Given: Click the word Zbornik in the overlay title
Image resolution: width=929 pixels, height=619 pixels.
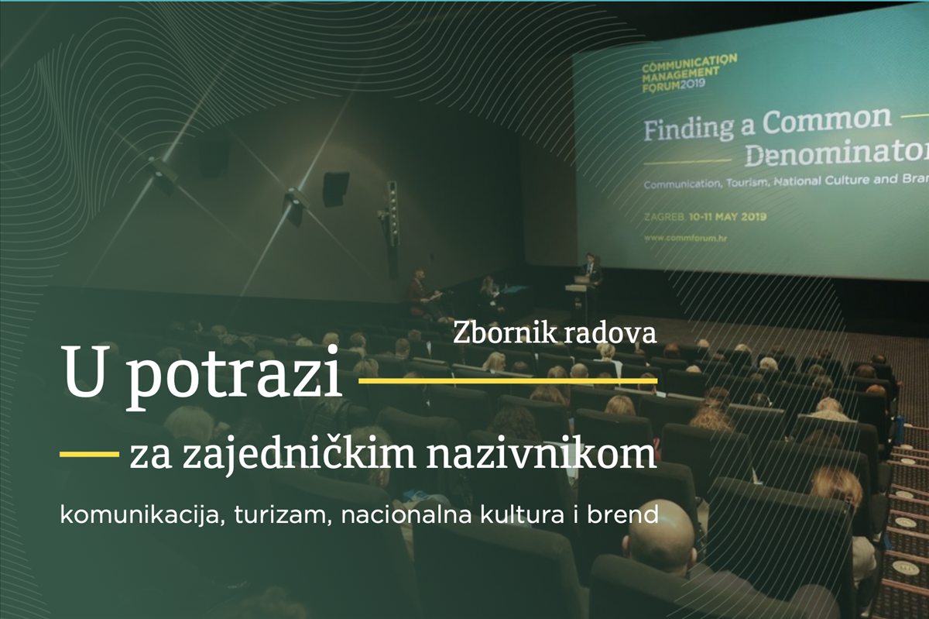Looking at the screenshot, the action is click(x=504, y=332).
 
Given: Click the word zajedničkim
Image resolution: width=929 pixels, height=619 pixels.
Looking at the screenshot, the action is click(x=299, y=456).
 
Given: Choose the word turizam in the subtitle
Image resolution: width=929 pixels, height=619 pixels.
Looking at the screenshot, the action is click(x=283, y=515).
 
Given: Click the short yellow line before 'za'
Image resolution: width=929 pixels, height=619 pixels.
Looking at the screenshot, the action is click(x=90, y=455).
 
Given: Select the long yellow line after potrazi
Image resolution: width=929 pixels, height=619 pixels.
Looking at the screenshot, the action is click(x=508, y=380).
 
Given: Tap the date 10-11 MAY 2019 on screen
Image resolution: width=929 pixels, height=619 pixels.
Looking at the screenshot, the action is click(x=727, y=217).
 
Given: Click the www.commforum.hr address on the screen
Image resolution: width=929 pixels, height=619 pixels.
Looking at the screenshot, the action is click(x=685, y=239).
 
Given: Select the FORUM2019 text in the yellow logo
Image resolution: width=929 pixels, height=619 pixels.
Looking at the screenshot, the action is click(x=673, y=85).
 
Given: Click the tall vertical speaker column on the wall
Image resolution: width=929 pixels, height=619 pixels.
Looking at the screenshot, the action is click(x=393, y=229).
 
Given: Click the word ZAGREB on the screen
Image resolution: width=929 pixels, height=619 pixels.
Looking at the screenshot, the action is click(x=663, y=217).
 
